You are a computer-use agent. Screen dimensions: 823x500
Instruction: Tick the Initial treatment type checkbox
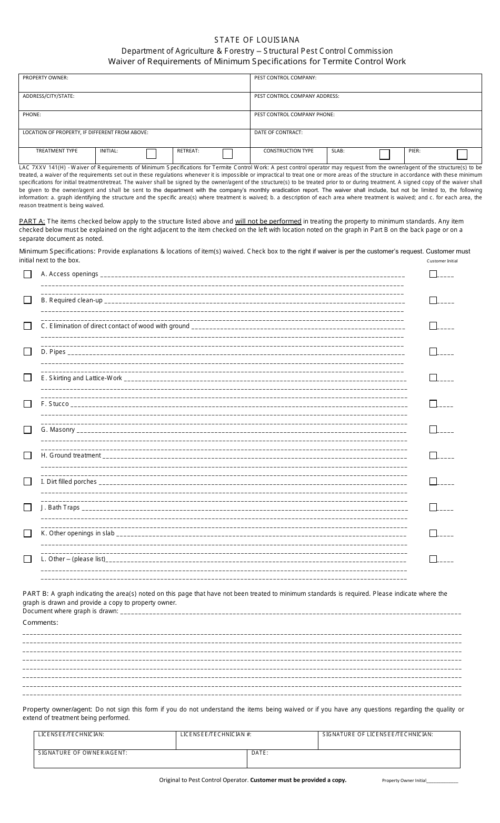[151, 154]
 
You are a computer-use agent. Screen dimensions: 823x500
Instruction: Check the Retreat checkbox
[227, 154]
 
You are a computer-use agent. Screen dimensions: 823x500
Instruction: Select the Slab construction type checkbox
[385, 155]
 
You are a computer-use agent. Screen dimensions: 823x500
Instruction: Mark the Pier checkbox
[462, 155]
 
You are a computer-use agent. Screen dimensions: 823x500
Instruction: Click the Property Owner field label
[45, 78]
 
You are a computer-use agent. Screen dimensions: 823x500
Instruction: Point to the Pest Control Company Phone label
[294, 115]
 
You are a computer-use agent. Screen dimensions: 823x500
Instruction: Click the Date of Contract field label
[278, 133]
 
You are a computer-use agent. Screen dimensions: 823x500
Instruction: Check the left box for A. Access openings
[27, 274]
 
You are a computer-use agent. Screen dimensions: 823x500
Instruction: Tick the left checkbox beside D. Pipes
[27, 352]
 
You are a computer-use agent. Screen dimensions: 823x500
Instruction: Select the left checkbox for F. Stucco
[27, 404]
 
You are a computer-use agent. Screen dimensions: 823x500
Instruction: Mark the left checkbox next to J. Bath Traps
[27, 507]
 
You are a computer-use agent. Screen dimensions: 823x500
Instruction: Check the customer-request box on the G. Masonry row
[433, 429]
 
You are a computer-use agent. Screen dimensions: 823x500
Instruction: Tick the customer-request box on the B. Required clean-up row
[433, 300]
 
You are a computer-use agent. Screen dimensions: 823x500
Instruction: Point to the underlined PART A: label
[32, 221]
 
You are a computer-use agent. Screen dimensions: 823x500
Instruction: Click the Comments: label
[41, 623]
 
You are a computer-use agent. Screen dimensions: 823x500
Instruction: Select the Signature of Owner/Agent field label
[83, 753]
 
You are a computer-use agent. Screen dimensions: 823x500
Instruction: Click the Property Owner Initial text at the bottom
[404, 781]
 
